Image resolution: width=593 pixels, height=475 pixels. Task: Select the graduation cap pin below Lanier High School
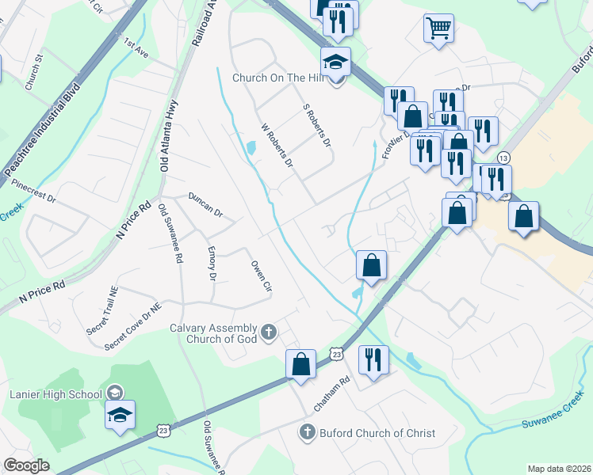click(x=120, y=415)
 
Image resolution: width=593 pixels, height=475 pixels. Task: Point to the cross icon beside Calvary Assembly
click(x=269, y=331)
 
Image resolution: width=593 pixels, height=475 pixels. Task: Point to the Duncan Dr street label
click(x=205, y=204)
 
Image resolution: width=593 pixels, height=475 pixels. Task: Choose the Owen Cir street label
click(x=261, y=275)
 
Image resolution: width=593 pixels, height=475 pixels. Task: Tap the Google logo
click(x=26, y=465)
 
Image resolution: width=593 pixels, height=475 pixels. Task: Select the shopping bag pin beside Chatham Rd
click(x=300, y=366)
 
